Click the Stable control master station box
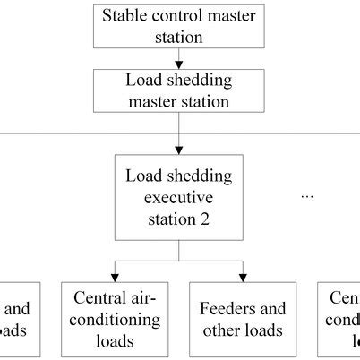[x=179, y=26]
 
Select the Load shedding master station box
[x=179, y=90]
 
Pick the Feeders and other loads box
[x=243, y=321]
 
